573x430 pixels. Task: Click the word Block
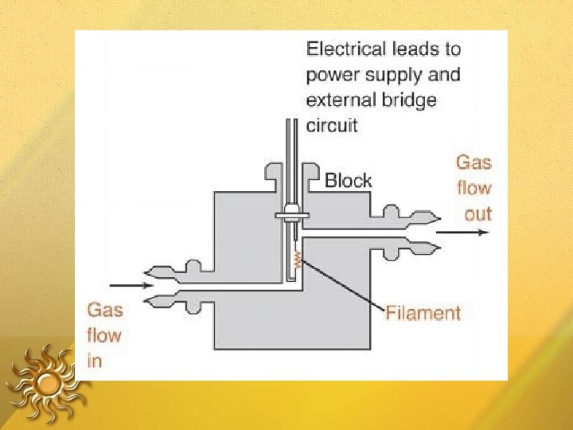348,181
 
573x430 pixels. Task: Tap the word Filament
423,312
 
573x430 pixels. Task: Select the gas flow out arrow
462,233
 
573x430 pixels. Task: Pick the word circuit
332,125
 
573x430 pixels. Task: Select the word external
337,100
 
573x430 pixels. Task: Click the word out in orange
478,213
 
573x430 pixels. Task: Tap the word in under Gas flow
94,360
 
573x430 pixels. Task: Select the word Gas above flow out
474,162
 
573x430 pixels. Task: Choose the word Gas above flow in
104,309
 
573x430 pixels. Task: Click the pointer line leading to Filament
342,283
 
